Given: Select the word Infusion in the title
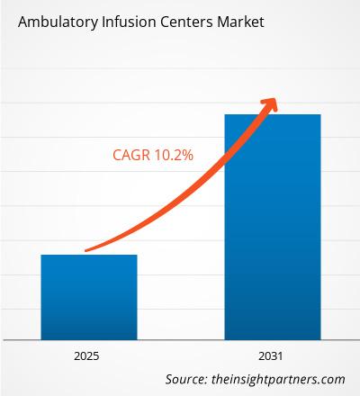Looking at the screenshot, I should click(x=123, y=22).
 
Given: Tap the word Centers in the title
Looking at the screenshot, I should click(x=184, y=22).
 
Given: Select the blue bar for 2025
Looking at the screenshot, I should click(x=89, y=297).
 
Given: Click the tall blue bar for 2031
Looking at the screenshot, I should click(x=272, y=225).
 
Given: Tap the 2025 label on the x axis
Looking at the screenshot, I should click(x=89, y=355).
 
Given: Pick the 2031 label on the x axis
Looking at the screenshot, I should click(x=272, y=355).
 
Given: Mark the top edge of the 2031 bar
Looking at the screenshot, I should click(x=272, y=115).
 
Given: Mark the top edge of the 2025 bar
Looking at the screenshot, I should click(x=89, y=256).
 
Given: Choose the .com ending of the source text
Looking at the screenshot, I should click(x=332, y=380).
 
